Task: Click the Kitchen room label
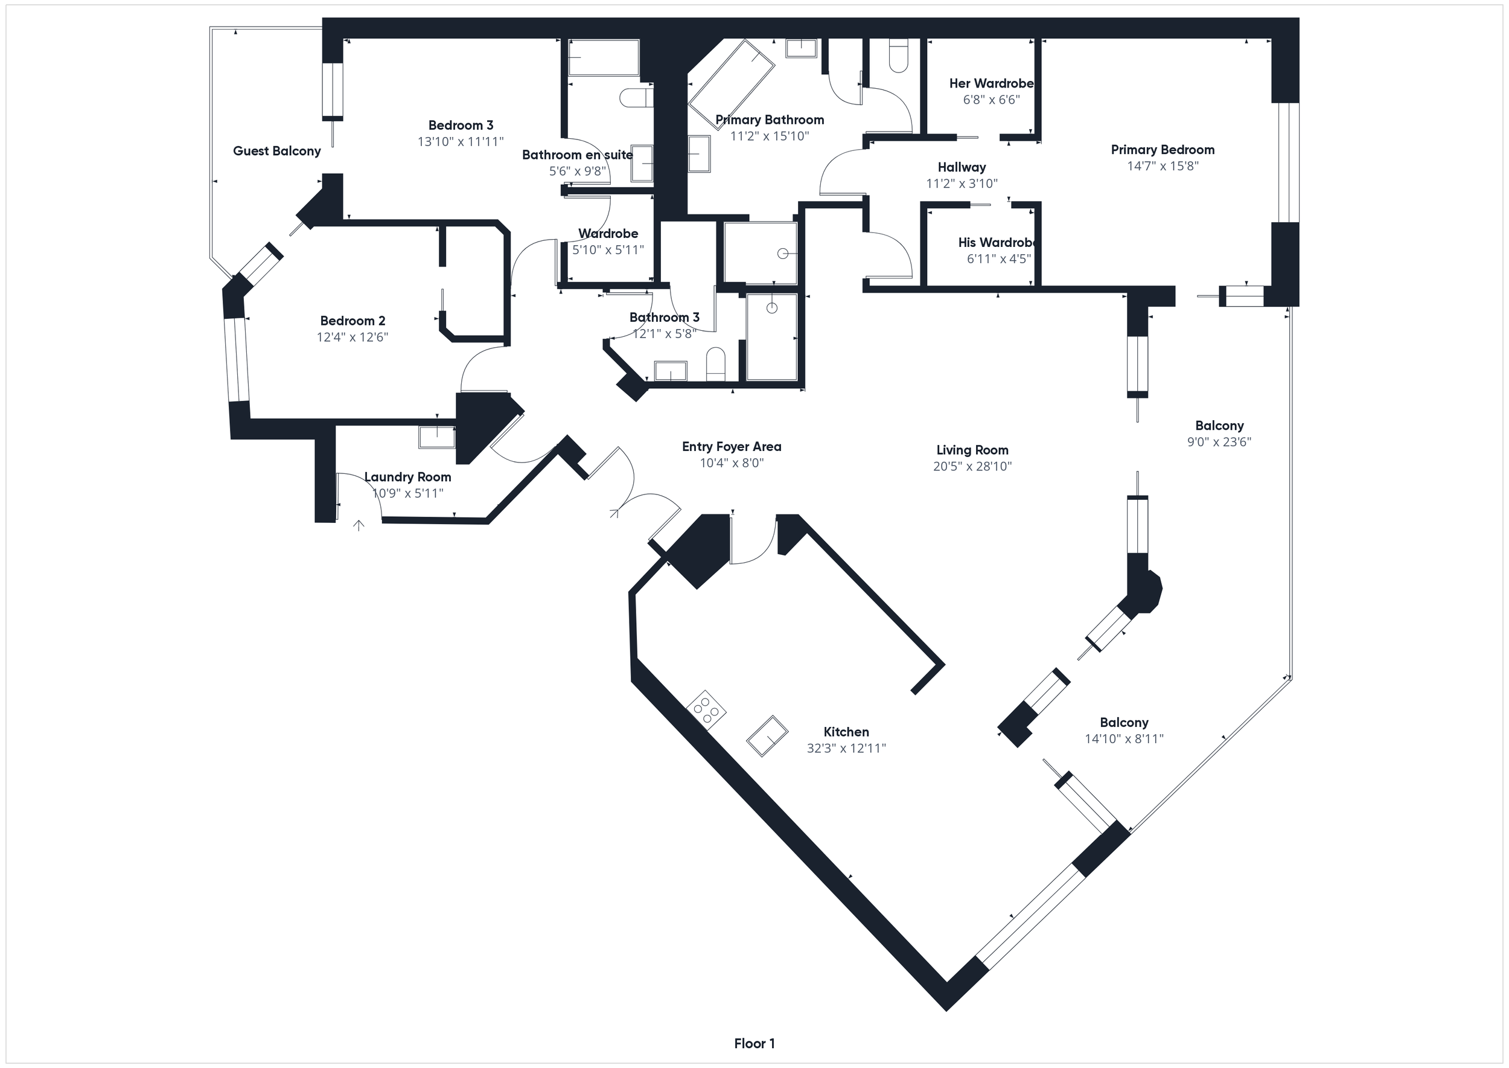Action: pyautogui.click(x=846, y=731)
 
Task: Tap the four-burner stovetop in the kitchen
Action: pyautogui.click(x=706, y=709)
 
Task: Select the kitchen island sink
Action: pyautogui.click(x=767, y=736)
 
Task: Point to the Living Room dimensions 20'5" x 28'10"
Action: pyautogui.click(x=972, y=466)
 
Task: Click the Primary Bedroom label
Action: pyautogui.click(x=1162, y=149)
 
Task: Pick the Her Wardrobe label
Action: pyautogui.click(x=991, y=83)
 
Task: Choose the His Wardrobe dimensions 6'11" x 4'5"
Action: pyautogui.click(x=998, y=258)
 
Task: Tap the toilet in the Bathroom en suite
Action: pyautogui.click(x=636, y=98)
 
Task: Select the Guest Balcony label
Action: pyautogui.click(x=277, y=150)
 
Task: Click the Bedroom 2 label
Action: pyautogui.click(x=353, y=320)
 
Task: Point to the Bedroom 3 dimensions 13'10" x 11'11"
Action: pyautogui.click(x=461, y=141)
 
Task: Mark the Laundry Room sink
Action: pyautogui.click(x=436, y=436)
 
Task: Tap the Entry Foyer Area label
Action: pyautogui.click(x=731, y=447)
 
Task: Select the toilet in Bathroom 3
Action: pyautogui.click(x=715, y=363)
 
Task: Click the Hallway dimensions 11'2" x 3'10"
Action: pyautogui.click(x=962, y=184)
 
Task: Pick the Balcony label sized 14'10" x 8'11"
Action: pyautogui.click(x=1124, y=722)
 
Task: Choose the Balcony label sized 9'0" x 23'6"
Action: pyautogui.click(x=1219, y=426)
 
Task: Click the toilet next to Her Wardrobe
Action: pyautogui.click(x=898, y=56)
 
